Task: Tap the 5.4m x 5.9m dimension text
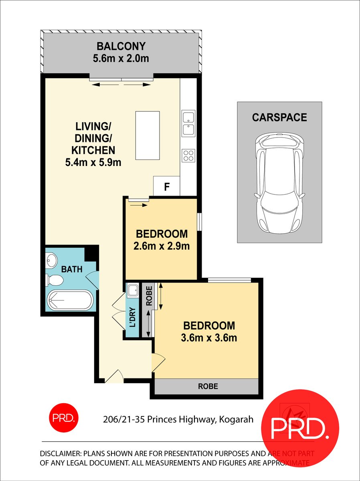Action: tap(93, 162)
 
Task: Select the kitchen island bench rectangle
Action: tap(148, 135)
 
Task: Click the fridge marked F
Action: tap(167, 186)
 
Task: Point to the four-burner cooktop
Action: tap(188, 155)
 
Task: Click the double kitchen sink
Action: tap(188, 123)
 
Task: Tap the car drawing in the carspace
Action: tap(279, 183)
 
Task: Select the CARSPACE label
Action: tap(279, 117)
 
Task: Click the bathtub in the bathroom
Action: tap(70, 300)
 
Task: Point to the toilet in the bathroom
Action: tap(54, 280)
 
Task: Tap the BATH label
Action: tap(72, 269)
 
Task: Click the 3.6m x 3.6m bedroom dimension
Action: tap(208, 338)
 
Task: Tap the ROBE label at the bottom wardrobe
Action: tap(208, 386)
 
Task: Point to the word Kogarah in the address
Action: tap(237, 420)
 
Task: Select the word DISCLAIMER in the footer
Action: tap(60, 454)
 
